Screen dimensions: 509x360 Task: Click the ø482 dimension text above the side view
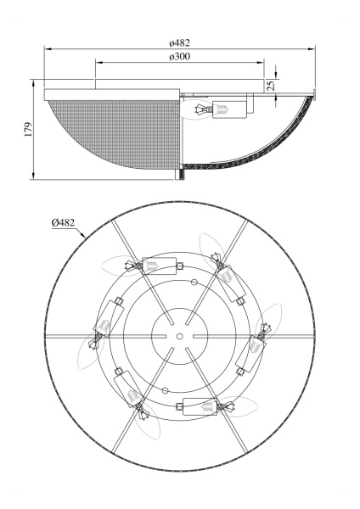point(179,40)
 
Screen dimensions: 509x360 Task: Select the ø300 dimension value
point(179,56)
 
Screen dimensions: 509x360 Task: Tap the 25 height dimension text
point(271,86)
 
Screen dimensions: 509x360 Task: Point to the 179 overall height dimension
point(26,130)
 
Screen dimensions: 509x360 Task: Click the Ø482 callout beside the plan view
point(63,222)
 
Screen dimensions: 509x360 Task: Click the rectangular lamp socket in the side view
point(228,109)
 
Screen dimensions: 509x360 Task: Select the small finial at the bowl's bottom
point(180,174)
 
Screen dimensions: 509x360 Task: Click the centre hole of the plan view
point(180,337)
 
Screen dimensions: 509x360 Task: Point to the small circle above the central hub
point(194,281)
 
